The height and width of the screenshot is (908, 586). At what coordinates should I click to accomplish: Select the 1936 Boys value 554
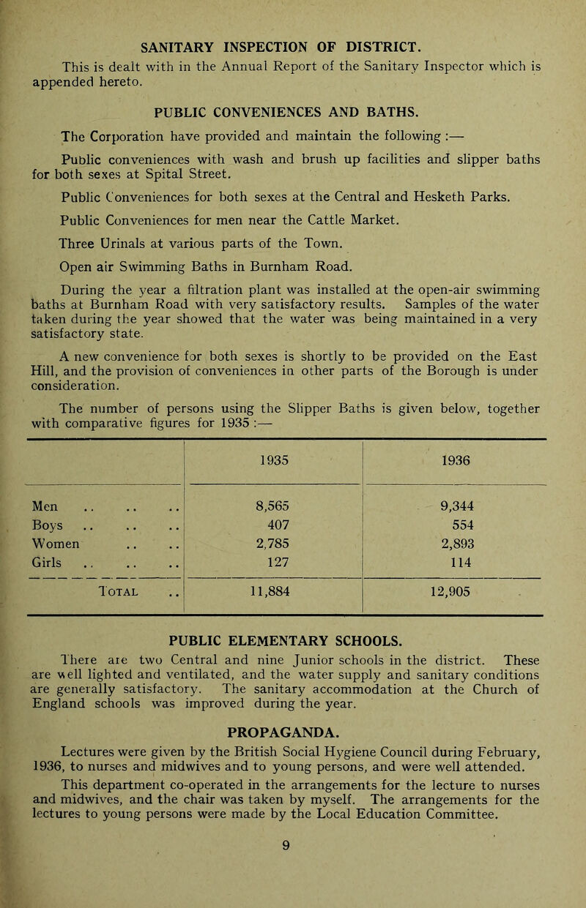(456, 535)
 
